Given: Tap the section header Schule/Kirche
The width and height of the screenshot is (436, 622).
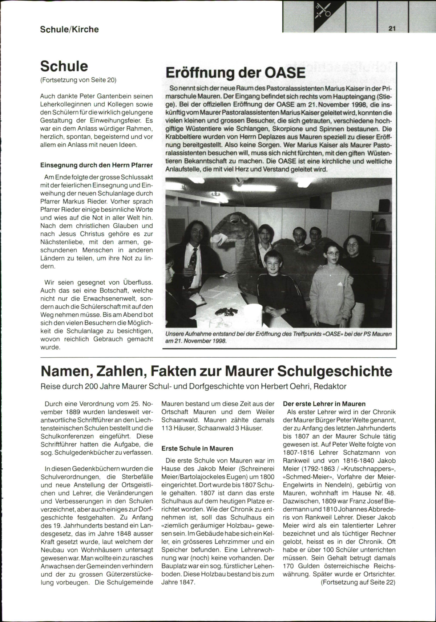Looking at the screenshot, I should [x=69, y=29].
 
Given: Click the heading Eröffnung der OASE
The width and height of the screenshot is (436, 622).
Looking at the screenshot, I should [x=235, y=72].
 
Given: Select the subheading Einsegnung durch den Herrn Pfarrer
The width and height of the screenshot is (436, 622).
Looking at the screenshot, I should [x=96, y=165].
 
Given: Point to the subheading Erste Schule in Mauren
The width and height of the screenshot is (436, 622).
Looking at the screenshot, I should [x=197, y=448].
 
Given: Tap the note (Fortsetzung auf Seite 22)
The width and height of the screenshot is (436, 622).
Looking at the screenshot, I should [x=358, y=582].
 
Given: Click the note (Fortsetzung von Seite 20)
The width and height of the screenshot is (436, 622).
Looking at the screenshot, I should [x=78, y=80].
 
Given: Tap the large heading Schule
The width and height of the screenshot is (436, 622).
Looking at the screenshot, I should [x=64, y=66].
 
